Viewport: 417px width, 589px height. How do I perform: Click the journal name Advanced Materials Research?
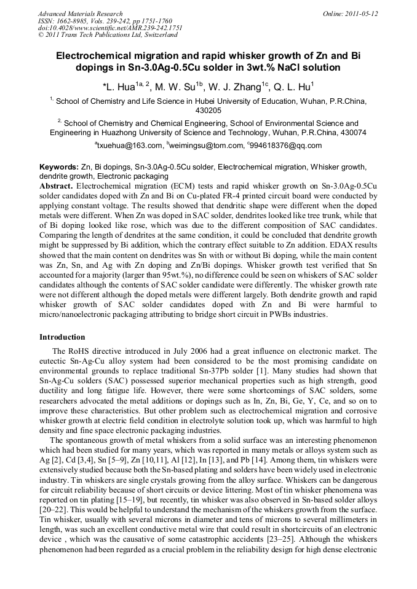pos(80,14)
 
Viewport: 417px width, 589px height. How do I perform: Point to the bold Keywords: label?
pos(59,167)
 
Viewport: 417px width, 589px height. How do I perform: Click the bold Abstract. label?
pos(57,185)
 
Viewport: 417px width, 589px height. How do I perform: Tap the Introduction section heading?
pos(62,337)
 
